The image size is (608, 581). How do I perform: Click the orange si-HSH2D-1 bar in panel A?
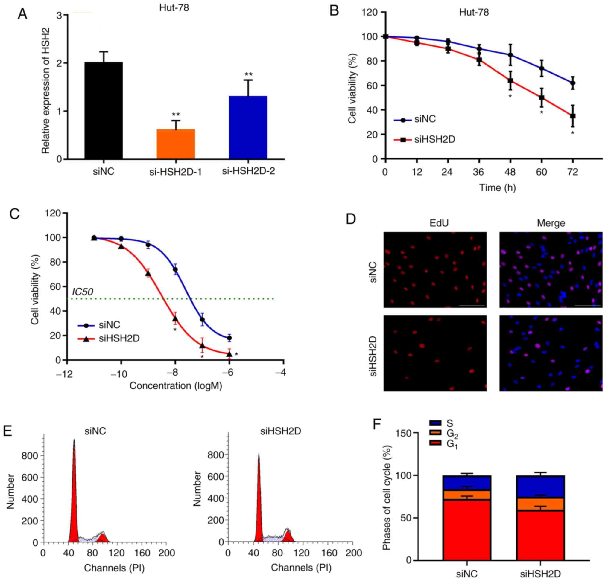[x=176, y=144]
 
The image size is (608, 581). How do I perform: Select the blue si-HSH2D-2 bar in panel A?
[x=248, y=128]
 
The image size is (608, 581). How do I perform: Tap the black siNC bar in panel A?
[x=104, y=111]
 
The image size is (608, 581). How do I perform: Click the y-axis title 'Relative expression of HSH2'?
[x=46, y=90]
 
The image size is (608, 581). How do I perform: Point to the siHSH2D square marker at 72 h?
[x=573, y=116]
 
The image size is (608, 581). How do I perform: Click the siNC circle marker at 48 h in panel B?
[x=510, y=55]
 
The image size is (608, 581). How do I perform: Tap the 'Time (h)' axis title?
[x=497, y=188]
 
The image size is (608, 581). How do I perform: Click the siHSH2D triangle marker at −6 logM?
[x=229, y=354]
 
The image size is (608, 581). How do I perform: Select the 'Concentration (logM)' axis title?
[x=176, y=386]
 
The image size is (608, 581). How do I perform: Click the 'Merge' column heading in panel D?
[x=551, y=223]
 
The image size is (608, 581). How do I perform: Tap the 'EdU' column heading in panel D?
[x=439, y=223]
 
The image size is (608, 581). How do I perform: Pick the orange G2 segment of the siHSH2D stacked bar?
[x=540, y=504]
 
